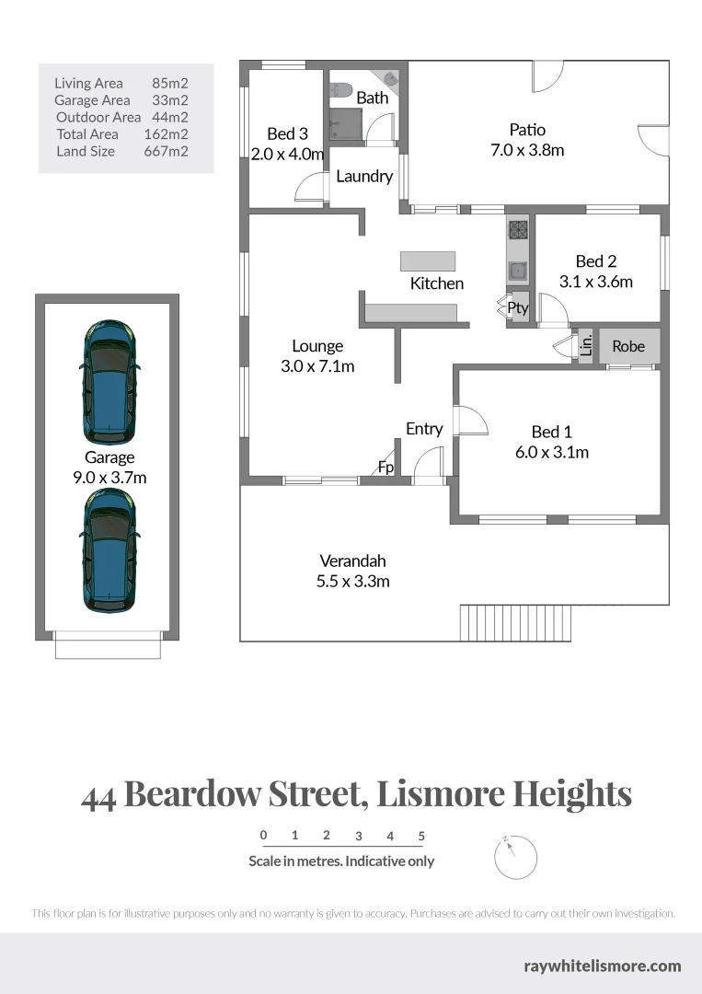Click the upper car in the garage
pyautogui.click(x=109, y=380)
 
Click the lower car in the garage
pyautogui.click(x=109, y=549)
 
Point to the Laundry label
pyautogui.click(x=364, y=177)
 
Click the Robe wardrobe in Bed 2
pyautogui.click(x=628, y=347)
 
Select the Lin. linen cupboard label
pyautogui.click(x=586, y=346)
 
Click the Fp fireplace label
pyautogui.click(x=386, y=468)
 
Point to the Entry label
pyautogui.click(x=424, y=429)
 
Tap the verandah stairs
pyautogui.click(x=516, y=622)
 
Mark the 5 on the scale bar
pyautogui.click(x=421, y=837)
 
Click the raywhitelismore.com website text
pyautogui.click(x=602, y=965)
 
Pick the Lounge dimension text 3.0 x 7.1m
pyautogui.click(x=317, y=366)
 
